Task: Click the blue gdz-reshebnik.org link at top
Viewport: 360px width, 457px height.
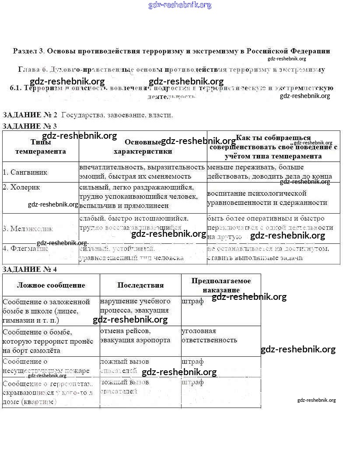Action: tap(180, 5)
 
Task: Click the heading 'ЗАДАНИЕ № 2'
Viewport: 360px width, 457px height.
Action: tap(30, 115)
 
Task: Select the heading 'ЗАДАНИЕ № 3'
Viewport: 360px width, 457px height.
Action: tap(30, 126)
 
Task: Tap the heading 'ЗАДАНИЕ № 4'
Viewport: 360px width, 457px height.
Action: tap(30, 269)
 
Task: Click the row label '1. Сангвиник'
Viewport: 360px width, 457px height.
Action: tap(25, 172)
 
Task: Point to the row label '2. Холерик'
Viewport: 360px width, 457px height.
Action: tap(21, 187)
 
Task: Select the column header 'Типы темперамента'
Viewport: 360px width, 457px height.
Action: tap(40, 147)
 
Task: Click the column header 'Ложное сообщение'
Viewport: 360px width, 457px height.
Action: tap(51, 285)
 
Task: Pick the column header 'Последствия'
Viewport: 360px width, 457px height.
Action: tap(140, 285)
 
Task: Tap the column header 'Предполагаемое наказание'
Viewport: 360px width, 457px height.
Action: tap(221, 285)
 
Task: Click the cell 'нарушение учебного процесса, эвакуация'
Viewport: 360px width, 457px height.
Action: tap(135, 306)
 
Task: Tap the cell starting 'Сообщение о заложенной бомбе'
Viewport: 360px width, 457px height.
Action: tap(46, 311)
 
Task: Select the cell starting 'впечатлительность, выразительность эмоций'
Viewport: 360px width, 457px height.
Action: tap(142, 172)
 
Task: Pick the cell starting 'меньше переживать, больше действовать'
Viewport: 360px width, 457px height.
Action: tap(269, 172)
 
